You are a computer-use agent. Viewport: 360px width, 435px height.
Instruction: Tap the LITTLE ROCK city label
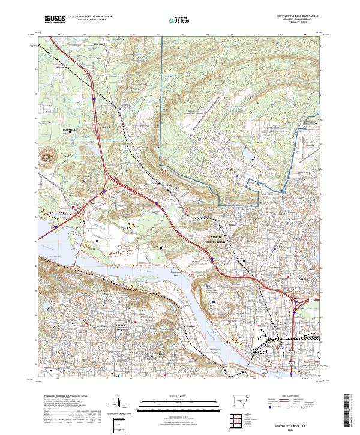(122, 328)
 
